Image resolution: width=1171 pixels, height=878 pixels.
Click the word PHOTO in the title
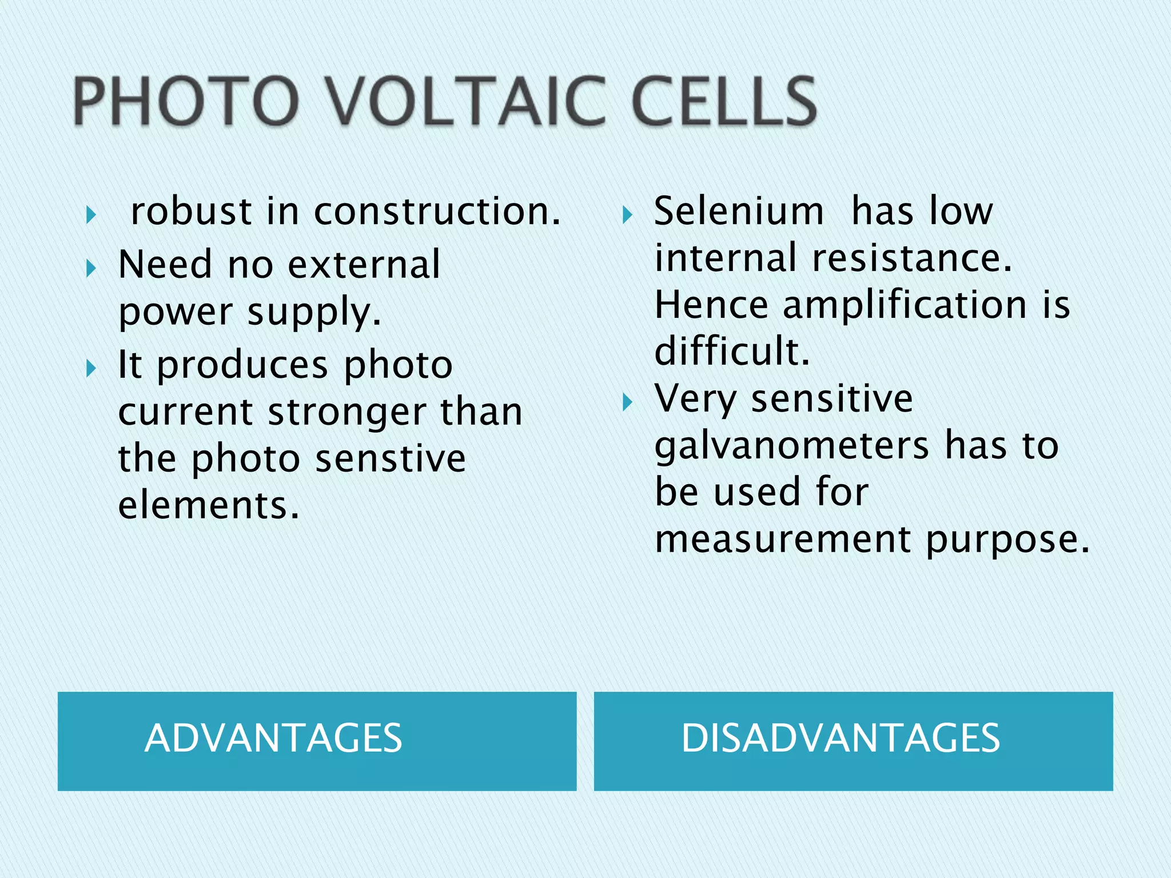point(186,101)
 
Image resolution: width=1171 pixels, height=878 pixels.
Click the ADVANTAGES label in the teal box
point(273,738)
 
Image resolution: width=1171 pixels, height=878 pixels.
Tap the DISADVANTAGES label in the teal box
point(841,738)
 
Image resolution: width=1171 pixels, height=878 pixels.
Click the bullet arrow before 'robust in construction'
point(91,215)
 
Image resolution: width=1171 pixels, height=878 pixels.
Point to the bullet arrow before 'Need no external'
point(91,268)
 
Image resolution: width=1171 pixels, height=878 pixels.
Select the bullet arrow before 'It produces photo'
point(91,369)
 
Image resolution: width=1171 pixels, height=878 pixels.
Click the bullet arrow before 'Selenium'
point(627,215)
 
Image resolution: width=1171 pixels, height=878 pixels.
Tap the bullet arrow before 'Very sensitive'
point(627,402)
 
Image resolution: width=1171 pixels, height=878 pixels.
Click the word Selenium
point(739,211)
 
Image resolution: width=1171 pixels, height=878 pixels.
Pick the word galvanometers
point(792,446)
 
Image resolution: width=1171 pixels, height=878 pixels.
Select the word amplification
point(905,305)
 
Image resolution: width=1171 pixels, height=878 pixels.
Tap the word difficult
point(732,351)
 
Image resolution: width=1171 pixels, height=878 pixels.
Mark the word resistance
point(912,258)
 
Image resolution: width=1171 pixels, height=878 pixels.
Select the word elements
point(209,506)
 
